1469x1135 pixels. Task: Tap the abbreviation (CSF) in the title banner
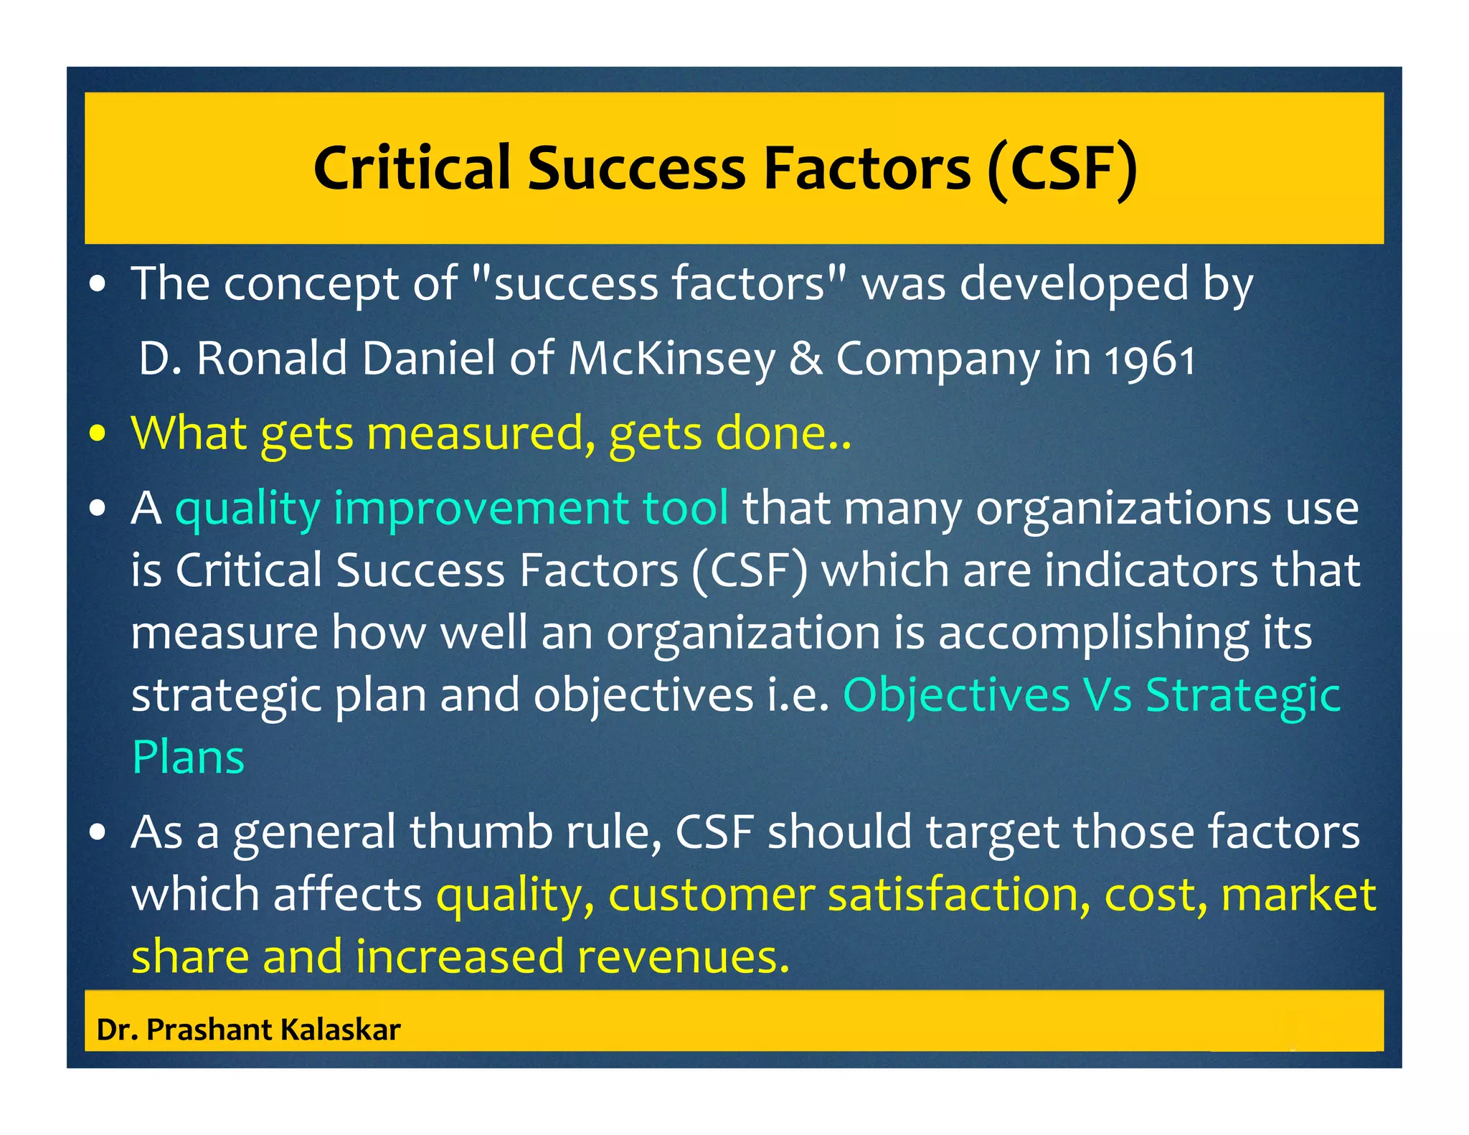click(1062, 169)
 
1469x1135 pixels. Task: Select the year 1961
click(1150, 359)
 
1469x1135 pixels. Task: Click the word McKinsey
click(671, 359)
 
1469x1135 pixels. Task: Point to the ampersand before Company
click(806, 359)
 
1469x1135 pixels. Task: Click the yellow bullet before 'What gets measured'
click(98, 434)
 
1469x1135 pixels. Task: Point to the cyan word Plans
click(189, 758)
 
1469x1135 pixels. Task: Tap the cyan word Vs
click(1107, 695)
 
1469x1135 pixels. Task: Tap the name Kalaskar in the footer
click(341, 1030)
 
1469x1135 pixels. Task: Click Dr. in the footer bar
click(116, 1030)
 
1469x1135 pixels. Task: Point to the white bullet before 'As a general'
click(98, 833)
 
